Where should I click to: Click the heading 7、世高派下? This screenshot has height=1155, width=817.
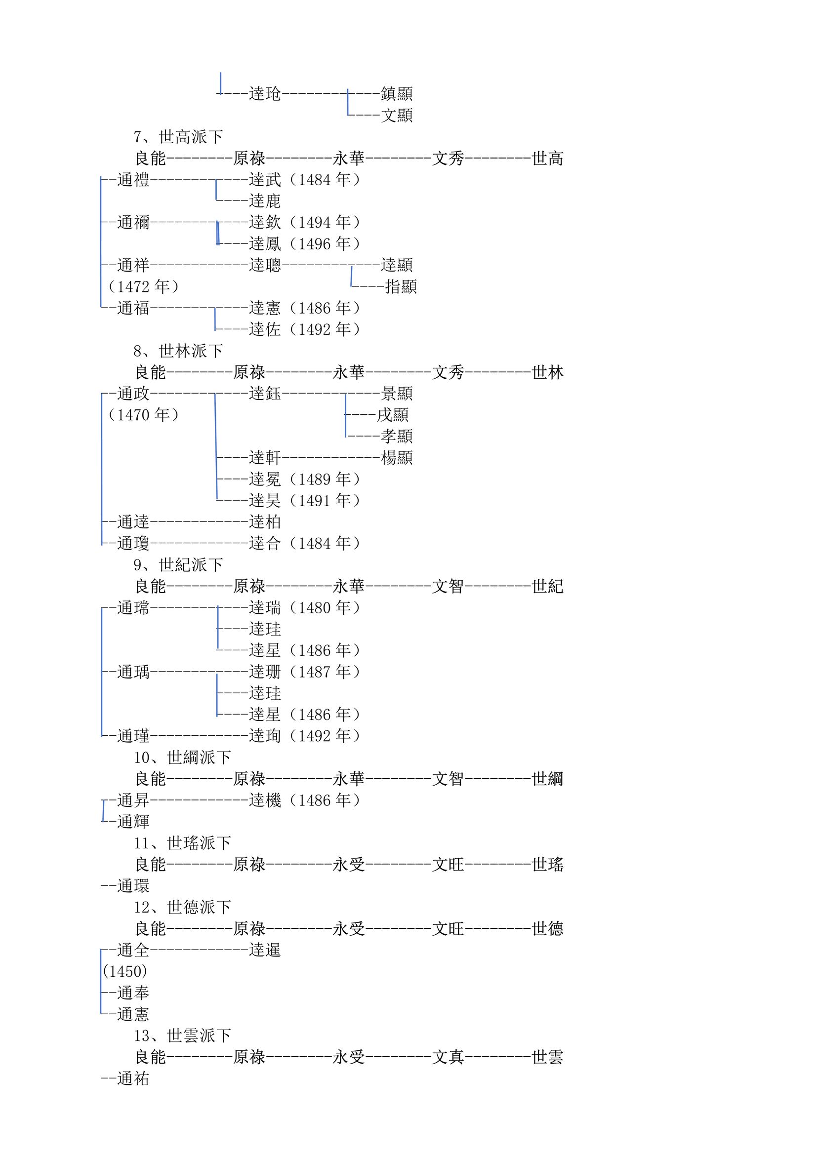tap(178, 137)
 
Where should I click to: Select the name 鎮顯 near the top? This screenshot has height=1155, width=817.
tap(397, 93)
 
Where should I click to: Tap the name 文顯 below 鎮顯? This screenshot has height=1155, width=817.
tap(397, 115)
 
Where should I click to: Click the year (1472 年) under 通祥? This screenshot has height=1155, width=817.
tap(144, 287)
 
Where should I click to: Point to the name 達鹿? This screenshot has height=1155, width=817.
tap(265, 201)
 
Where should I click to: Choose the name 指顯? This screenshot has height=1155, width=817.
tap(401, 287)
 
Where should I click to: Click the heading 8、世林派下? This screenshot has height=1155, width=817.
tap(178, 351)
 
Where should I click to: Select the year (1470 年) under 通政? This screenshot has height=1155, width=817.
tap(144, 415)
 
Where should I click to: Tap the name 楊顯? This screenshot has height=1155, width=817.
tap(397, 458)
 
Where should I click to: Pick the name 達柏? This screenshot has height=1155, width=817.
tap(265, 522)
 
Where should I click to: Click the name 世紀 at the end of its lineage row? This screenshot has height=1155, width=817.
tap(548, 586)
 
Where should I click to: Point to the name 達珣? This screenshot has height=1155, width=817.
tap(265, 736)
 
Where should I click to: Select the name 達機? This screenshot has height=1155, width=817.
tap(265, 800)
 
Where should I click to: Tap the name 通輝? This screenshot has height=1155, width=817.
tap(133, 822)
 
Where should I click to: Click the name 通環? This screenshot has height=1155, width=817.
tap(133, 886)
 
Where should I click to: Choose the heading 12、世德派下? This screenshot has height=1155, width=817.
tap(182, 907)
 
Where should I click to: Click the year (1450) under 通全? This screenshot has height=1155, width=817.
tap(125, 971)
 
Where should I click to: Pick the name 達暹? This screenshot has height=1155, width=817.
tap(265, 950)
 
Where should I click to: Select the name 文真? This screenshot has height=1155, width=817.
tap(448, 1057)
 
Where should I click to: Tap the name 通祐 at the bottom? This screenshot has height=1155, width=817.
tap(133, 1078)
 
